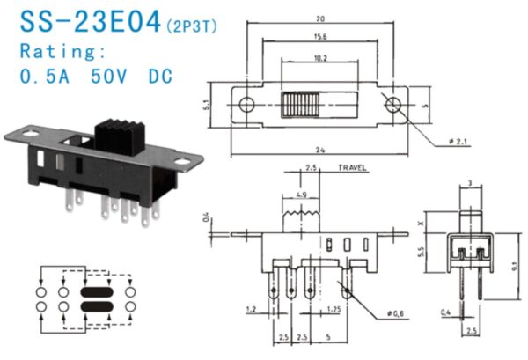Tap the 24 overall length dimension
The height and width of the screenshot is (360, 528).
pos(319,151)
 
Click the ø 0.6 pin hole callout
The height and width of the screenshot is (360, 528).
pos(397,312)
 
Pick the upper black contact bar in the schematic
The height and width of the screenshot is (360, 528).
pos(98,291)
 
